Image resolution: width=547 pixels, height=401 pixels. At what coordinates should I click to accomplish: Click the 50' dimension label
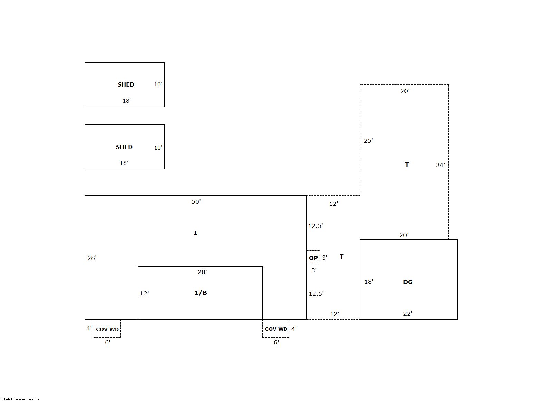196,202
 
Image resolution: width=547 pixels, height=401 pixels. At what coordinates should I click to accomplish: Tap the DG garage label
408,282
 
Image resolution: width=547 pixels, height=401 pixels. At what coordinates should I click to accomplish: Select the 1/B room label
201,293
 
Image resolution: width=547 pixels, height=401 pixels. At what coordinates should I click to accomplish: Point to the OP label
313,258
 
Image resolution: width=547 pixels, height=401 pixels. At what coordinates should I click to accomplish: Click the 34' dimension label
440,165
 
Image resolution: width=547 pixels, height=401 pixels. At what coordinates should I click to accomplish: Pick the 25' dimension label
368,141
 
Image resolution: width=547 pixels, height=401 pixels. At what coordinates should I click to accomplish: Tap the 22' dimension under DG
408,314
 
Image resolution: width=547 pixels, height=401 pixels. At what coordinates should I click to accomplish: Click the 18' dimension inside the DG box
369,282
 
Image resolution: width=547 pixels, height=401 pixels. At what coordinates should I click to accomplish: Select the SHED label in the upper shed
126,84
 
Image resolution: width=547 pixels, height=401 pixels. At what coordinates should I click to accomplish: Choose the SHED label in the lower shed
124,147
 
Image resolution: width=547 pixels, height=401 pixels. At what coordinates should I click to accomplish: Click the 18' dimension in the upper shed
127,101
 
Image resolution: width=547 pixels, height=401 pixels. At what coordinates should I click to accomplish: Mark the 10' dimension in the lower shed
158,148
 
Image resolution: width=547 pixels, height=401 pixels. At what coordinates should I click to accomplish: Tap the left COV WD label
107,329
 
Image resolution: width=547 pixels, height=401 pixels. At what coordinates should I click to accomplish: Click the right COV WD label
276,329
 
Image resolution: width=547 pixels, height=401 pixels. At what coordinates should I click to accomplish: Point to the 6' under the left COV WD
107,342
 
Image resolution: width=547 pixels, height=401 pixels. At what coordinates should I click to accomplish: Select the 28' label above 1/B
203,272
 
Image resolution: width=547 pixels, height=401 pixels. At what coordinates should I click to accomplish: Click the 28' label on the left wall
92,258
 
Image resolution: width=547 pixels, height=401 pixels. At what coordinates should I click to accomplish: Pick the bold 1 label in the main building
195,233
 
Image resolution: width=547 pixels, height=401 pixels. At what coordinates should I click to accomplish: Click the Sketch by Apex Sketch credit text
20,399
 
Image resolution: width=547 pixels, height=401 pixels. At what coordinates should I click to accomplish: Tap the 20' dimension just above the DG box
404,235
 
